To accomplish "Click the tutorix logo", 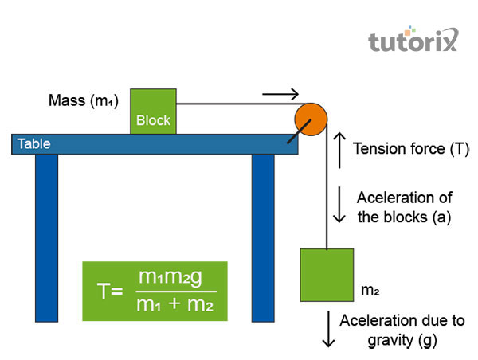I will (413, 41).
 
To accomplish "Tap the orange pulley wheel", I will (310, 119).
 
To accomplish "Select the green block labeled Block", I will (153, 111).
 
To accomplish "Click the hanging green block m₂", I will (327, 275).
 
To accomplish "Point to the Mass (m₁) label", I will (84, 101).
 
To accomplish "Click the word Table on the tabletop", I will (35, 144).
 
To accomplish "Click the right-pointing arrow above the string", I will (280, 94).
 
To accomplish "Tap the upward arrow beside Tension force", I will (338, 151).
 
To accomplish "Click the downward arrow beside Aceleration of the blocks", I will (339, 206).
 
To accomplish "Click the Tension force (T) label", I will (411, 148).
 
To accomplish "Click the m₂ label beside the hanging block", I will (370, 290).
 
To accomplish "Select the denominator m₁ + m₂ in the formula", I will (171, 304).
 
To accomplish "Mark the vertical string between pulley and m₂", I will (327, 191).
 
